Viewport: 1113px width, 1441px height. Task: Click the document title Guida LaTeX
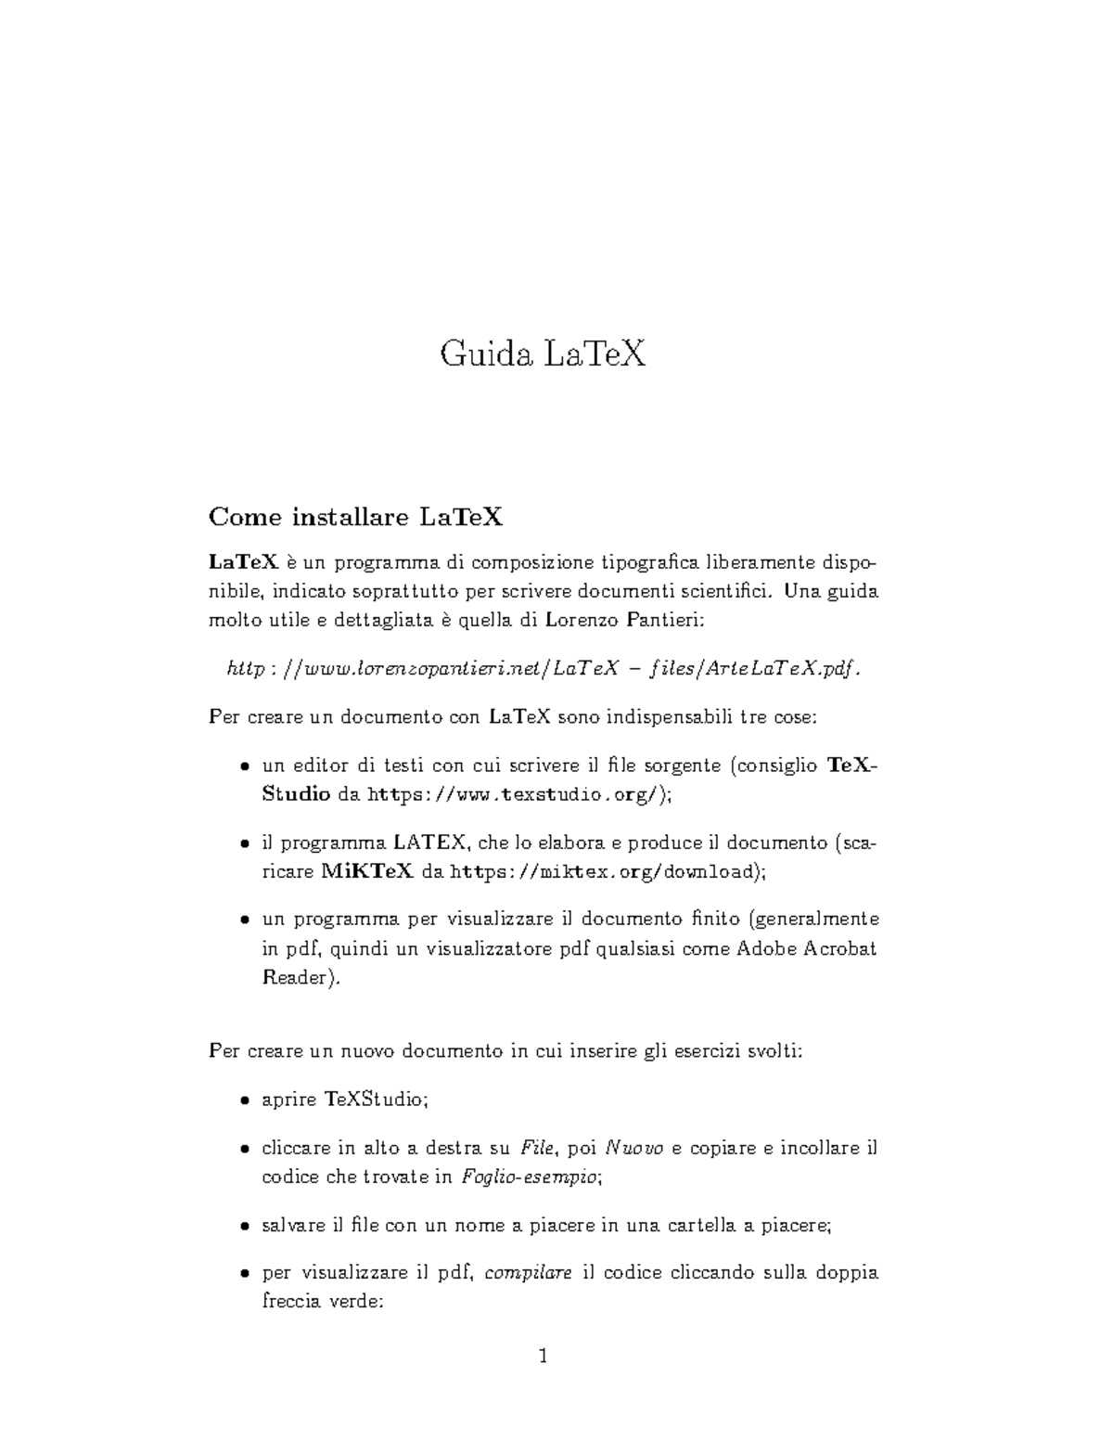543,354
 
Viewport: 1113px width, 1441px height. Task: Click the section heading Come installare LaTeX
356,517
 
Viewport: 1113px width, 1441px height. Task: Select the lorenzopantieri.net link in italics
544,669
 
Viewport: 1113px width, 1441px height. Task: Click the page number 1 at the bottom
544,1357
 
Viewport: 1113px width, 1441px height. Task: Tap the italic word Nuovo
634,1148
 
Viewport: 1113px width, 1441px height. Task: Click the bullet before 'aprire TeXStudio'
244,1101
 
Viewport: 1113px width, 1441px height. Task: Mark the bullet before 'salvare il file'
244,1227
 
